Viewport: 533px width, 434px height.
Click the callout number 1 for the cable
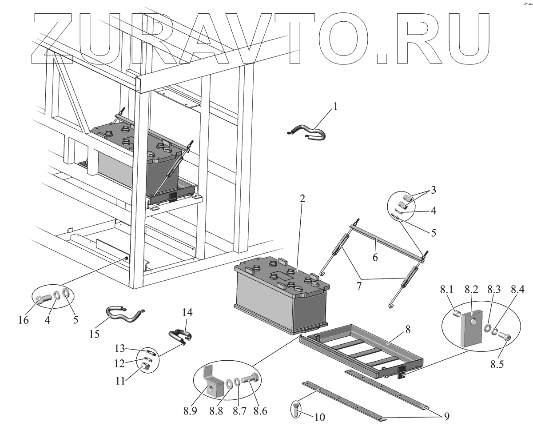point(336,107)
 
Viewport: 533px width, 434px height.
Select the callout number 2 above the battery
point(302,199)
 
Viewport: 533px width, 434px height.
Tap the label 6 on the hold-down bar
point(375,256)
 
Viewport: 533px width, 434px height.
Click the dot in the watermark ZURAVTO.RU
point(382,58)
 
